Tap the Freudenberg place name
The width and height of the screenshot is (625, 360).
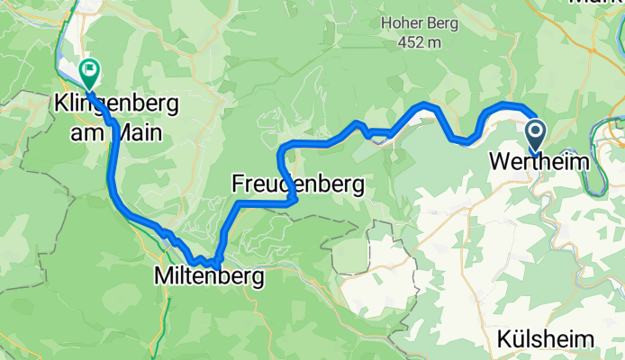click(297, 184)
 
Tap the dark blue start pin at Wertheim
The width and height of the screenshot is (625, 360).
click(534, 135)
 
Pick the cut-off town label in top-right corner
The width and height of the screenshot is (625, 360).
click(598, 4)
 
